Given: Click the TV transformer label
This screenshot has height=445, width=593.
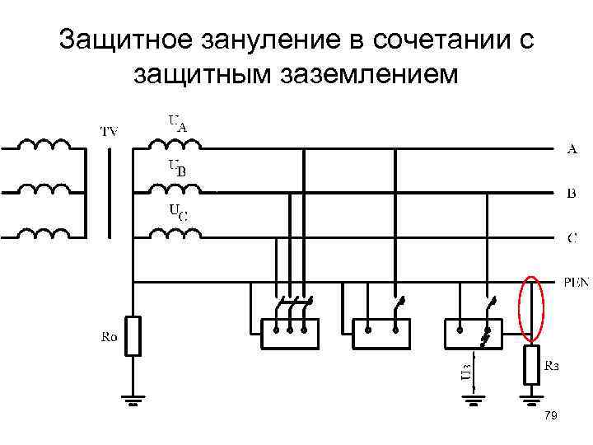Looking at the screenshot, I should [x=109, y=131].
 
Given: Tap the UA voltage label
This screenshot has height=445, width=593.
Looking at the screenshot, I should [x=178, y=124].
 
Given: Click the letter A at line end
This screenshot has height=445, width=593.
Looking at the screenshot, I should [x=572, y=149].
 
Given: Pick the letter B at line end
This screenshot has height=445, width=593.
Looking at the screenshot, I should [x=572, y=194].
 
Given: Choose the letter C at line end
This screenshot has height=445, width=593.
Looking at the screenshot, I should [x=572, y=238].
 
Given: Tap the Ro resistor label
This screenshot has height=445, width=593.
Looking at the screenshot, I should [x=110, y=336].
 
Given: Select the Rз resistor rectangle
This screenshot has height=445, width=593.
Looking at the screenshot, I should [x=532, y=367].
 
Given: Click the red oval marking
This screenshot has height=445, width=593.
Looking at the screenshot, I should [x=532, y=309].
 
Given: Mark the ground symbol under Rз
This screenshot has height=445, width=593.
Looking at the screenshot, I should [x=532, y=403].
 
